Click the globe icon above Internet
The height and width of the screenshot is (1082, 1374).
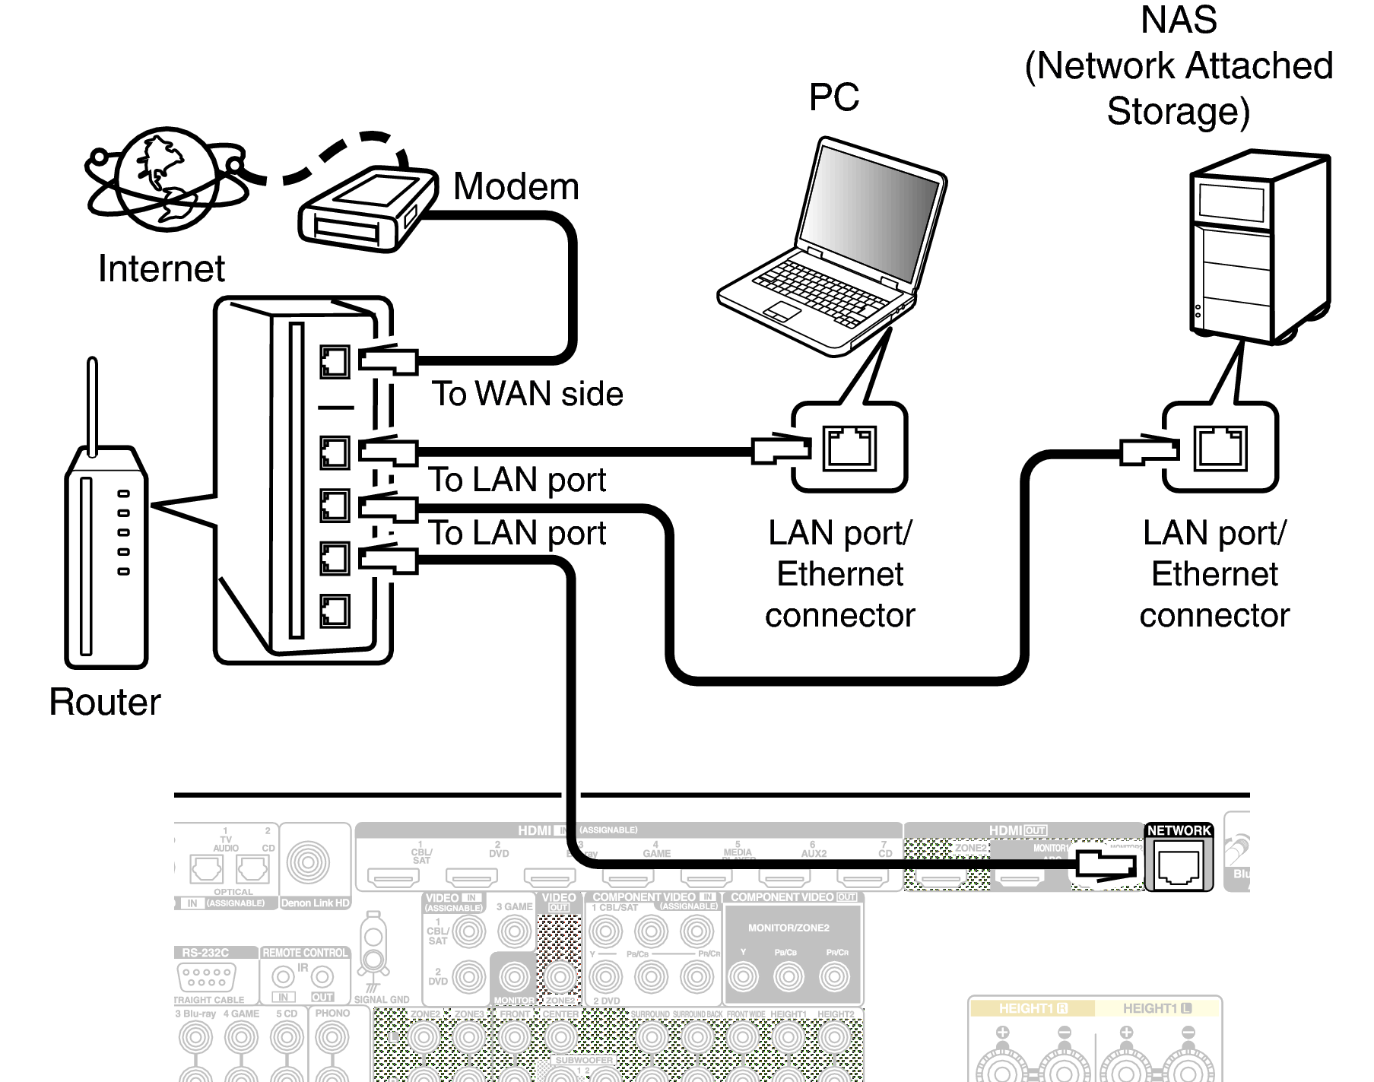point(167,180)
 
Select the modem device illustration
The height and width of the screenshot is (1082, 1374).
point(367,209)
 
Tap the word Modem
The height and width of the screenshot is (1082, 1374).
point(516,187)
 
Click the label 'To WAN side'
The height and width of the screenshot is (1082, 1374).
point(527,394)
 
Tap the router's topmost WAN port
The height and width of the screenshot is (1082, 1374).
point(335,362)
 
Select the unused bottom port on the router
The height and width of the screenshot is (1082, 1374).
point(335,611)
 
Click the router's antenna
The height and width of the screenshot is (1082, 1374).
point(93,407)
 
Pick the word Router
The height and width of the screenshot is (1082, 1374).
point(105,701)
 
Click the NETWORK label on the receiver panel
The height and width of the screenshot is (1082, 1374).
point(1179,830)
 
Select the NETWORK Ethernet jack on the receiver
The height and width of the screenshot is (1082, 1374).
point(1178,866)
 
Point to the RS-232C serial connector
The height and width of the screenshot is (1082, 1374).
point(205,976)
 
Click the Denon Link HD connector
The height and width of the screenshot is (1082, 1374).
point(309,862)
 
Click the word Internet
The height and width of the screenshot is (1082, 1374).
point(161,268)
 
